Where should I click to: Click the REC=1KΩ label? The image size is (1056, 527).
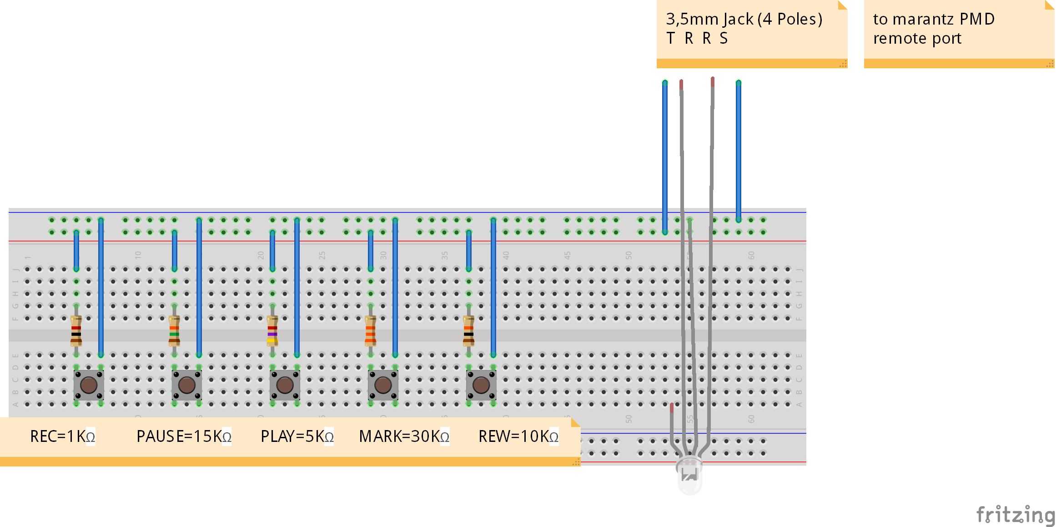pyautogui.click(x=63, y=436)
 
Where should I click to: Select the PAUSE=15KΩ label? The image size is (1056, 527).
pyautogui.click(x=184, y=436)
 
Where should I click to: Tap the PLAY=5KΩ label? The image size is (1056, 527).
pyautogui.click(x=297, y=436)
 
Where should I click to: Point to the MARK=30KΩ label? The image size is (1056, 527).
pyautogui.click(x=404, y=436)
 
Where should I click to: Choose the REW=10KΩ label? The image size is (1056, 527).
pyautogui.click(x=518, y=436)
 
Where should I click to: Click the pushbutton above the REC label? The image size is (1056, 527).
pyautogui.click(x=89, y=385)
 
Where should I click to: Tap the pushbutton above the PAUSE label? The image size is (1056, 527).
pyautogui.click(x=187, y=385)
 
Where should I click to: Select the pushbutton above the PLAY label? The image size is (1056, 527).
pyautogui.click(x=285, y=385)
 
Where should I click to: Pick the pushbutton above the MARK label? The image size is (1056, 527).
pyautogui.click(x=383, y=385)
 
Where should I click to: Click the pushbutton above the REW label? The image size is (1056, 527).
pyautogui.click(x=481, y=385)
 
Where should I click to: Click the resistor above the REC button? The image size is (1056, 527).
pyautogui.click(x=76, y=330)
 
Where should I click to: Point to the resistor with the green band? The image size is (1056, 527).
pyautogui.click(x=174, y=330)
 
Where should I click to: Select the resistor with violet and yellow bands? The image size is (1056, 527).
pyautogui.click(x=272, y=330)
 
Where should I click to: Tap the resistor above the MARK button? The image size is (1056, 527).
pyautogui.click(x=371, y=330)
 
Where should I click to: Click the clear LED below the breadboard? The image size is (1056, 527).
pyautogui.click(x=690, y=476)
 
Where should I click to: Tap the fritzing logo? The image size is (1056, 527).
pyautogui.click(x=1016, y=515)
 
